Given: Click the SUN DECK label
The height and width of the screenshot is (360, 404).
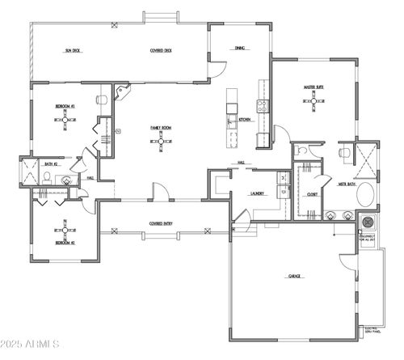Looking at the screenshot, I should tap(75, 50).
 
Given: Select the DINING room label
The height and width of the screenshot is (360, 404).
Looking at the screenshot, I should tap(240, 49).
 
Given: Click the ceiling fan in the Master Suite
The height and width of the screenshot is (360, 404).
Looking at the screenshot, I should tap(314, 100).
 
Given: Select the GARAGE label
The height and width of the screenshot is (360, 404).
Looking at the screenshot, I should tap(295, 276).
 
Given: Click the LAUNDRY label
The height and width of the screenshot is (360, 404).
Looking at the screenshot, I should tap(236, 194).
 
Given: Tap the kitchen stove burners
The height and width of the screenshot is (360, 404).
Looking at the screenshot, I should tap(262, 104).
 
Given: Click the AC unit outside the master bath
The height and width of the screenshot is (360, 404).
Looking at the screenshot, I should tap(368, 222).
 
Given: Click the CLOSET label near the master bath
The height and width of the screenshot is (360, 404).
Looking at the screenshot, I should tap(312, 194).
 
